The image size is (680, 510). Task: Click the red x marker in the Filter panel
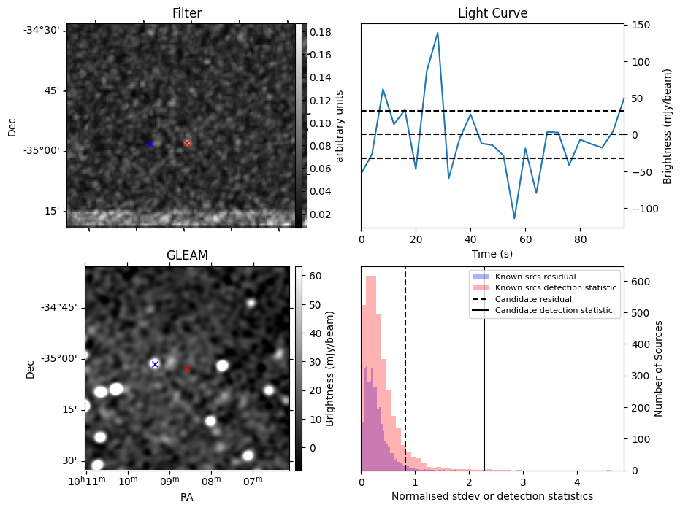point(187,143)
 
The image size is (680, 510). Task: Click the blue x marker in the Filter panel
point(150,144)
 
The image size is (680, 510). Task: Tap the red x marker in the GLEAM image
point(187,368)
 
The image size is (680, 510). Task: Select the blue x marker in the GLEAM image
point(155,364)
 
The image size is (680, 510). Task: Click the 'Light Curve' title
point(492,13)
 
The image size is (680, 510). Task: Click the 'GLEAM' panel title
point(187,255)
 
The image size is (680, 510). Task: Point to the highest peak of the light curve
point(438,33)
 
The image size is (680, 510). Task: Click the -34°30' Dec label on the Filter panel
point(45,30)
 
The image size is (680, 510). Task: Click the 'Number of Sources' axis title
point(659,368)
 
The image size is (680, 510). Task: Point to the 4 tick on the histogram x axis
point(577,482)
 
